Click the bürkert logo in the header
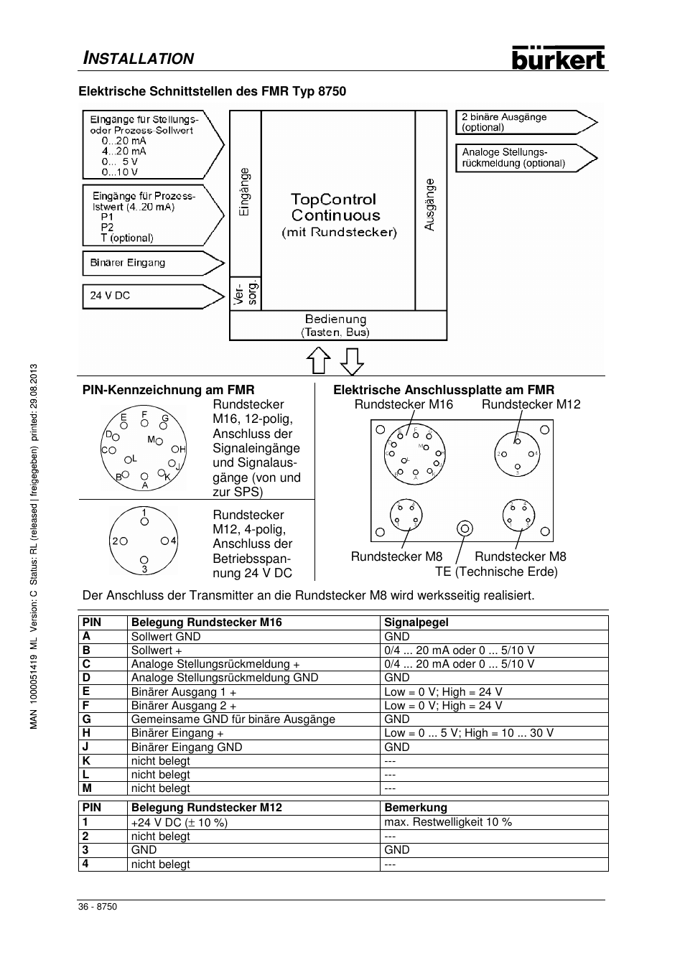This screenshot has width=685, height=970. (x=558, y=57)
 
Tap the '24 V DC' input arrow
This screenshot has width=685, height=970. (x=152, y=296)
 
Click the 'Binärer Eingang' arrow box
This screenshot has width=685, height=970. (x=152, y=264)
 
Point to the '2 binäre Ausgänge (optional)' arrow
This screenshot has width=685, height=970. (x=525, y=123)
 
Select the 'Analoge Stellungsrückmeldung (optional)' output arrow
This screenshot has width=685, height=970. (x=525, y=158)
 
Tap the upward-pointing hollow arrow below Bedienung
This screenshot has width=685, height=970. (x=318, y=360)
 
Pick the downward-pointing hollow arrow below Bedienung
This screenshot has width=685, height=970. (x=352, y=360)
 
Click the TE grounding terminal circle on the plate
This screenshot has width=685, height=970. (x=465, y=529)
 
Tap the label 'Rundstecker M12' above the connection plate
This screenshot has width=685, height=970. (x=531, y=404)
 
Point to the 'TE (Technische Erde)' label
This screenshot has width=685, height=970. (x=496, y=572)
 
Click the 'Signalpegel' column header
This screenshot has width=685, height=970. (x=416, y=622)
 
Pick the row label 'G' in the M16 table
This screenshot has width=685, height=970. (x=86, y=719)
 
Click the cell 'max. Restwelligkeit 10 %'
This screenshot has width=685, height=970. (x=448, y=822)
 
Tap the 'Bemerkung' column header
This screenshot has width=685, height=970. (x=416, y=808)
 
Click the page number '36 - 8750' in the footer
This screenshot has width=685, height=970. (x=98, y=907)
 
